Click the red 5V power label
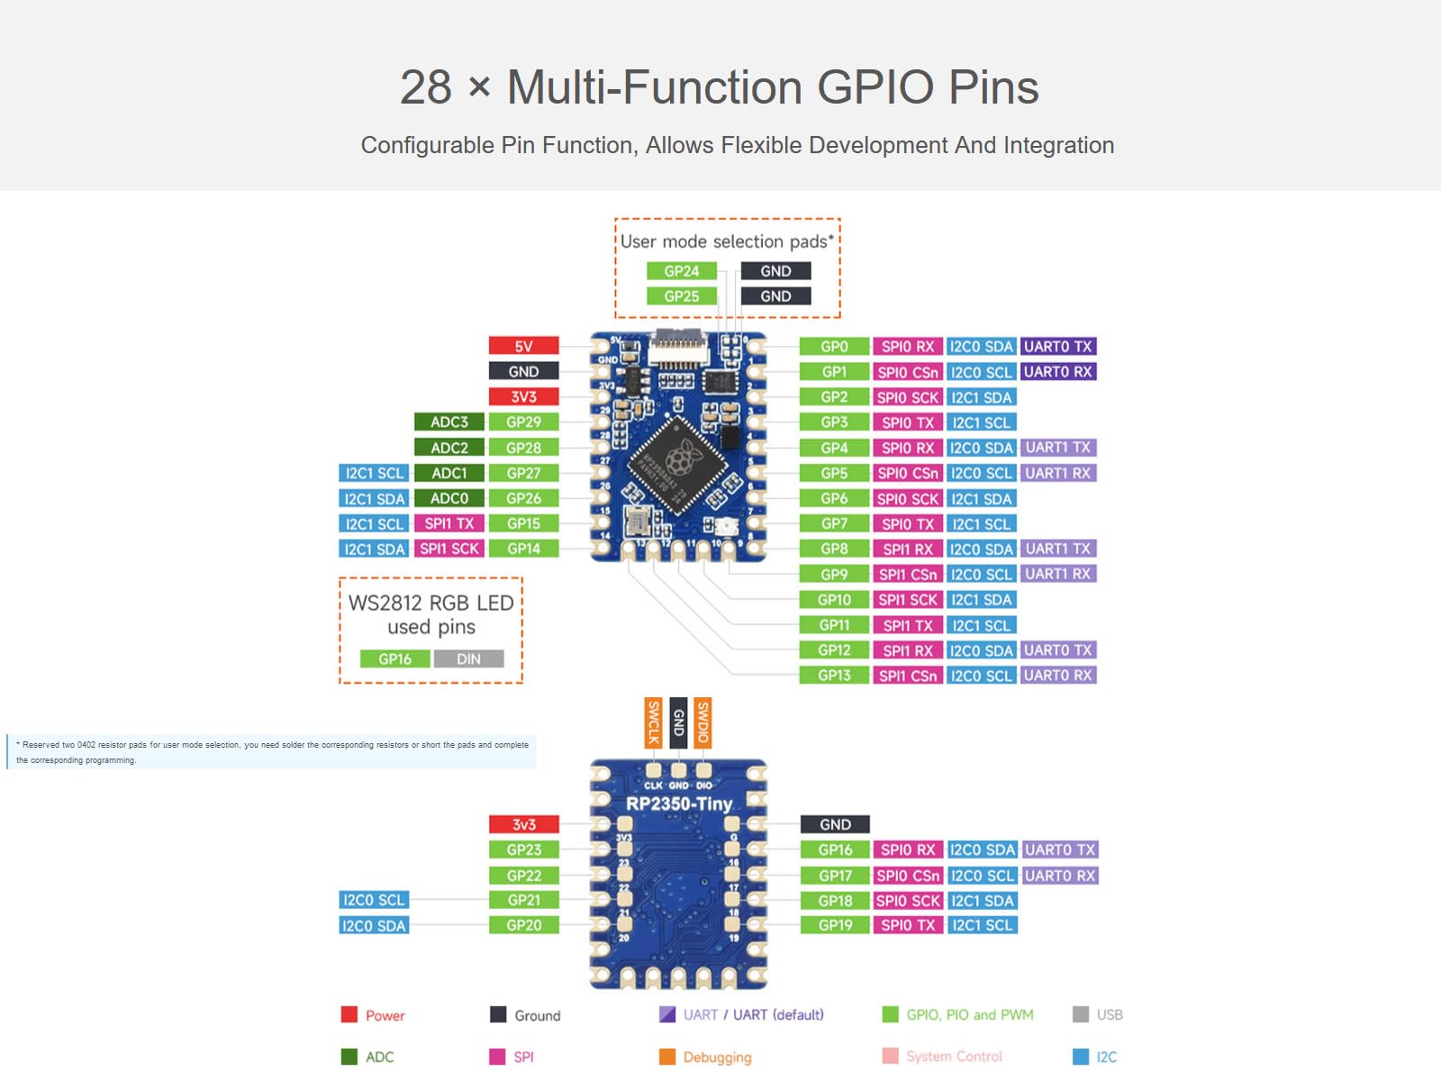pyautogui.click(x=523, y=346)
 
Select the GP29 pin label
pyautogui.click(x=523, y=422)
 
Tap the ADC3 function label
pyautogui.click(x=449, y=422)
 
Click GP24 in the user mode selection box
pyautogui.click(x=682, y=271)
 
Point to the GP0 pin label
pyautogui.click(x=834, y=347)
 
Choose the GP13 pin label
pyautogui.click(x=834, y=676)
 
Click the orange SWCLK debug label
pyautogui.click(x=654, y=722)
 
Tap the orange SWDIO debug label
pyautogui.click(x=703, y=722)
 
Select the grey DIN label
pyautogui.click(x=468, y=659)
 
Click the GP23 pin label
pyautogui.click(x=523, y=849)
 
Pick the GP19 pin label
pyautogui.click(x=835, y=925)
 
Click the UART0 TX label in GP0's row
pyautogui.click(x=1058, y=347)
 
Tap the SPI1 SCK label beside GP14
pyautogui.click(x=449, y=549)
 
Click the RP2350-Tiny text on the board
pyautogui.click(x=679, y=804)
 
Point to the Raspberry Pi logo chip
pyautogui.click(x=677, y=462)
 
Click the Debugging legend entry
pyautogui.click(x=716, y=1057)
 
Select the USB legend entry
pyautogui.click(x=1109, y=1015)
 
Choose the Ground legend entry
pyautogui.click(x=537, y=1015)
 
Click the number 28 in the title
pyautogui.click(x=425, y=87)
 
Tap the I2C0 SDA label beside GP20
pyautogui.click(x=374, y=925)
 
